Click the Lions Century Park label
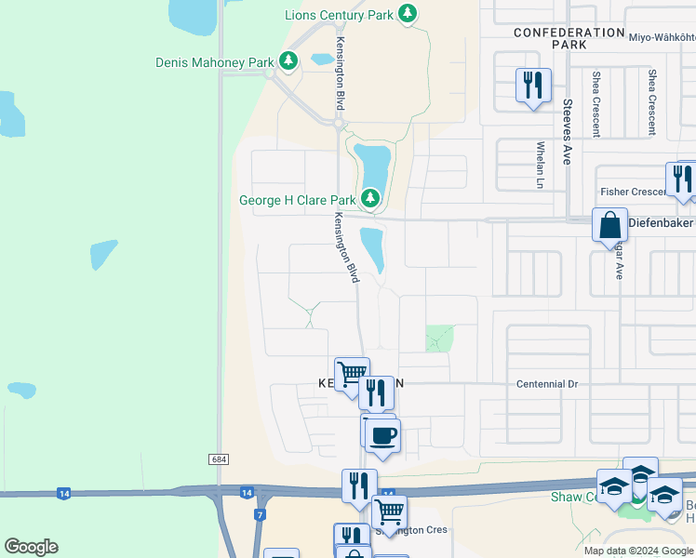[x=340, y=14]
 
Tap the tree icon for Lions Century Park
[x=407, y=13]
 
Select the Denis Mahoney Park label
[x=214, y=62]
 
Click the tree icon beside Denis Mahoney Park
[x=288, y=62]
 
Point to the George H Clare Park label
[x=297, y=199]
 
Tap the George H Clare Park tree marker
[x=370, y=198]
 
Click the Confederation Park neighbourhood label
[x=569, y=38]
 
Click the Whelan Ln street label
[x=540, y=165]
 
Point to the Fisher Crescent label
[x=632, y=192]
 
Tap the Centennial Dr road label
[x=546, y=383]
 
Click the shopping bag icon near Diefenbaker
[x=610, y=226]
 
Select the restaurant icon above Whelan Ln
[x=533, y=86]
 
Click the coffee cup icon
[x=382, y=434]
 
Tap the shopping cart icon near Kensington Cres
[x=389, y=511]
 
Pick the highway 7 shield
[x=261, y=514]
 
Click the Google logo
[x=31, y=547]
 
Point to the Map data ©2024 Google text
[x=639, y=550]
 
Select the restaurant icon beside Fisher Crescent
[x=682, y=179]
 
